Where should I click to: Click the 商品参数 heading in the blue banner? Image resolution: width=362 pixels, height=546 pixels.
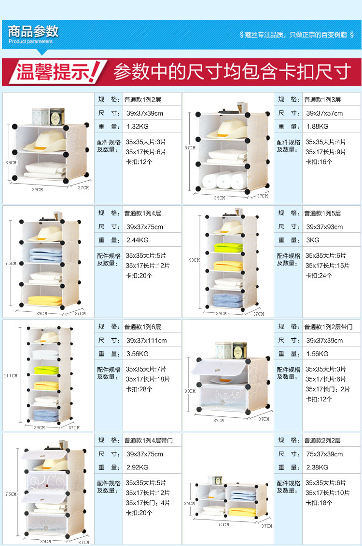pos(33,31)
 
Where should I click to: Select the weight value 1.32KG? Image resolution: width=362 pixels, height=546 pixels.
pos(138,126)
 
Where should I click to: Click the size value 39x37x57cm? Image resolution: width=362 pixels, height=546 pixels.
pos(324,113)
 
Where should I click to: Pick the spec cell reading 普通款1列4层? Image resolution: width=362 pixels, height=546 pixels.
pos(143,213)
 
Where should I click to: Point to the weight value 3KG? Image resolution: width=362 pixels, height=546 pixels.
pos(313,240)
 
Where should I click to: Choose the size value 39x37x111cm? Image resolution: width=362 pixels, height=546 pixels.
pos(146,340)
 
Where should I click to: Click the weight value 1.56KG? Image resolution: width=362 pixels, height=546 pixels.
pos(318,354)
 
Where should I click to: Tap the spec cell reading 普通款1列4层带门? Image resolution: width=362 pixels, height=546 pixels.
pos(149,440)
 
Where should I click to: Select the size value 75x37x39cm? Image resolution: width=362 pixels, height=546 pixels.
pos(324,454)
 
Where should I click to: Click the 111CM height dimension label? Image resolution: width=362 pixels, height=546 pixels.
pos(11,376)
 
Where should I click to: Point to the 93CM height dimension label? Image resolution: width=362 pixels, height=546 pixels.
pos(194,260)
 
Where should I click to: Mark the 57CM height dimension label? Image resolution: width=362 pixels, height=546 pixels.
pos(190,147)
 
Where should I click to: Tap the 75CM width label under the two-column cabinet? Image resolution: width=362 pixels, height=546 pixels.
pos(224,524)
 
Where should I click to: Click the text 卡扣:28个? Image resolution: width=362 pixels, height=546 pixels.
pos(139,389)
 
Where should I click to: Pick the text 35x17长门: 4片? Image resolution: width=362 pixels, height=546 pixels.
pos(148,503)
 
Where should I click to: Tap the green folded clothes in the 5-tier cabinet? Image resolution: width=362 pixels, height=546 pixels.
pos(228,248)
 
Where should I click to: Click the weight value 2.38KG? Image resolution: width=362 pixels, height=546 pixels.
pos(318,467)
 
